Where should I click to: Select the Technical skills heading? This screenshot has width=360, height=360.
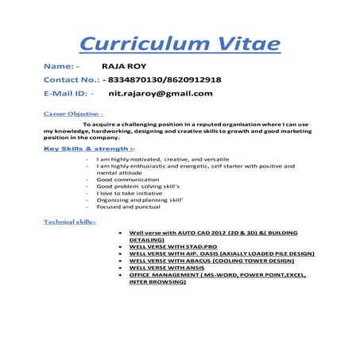coord(70,222)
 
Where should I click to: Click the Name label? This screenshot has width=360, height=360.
coord(58,68)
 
